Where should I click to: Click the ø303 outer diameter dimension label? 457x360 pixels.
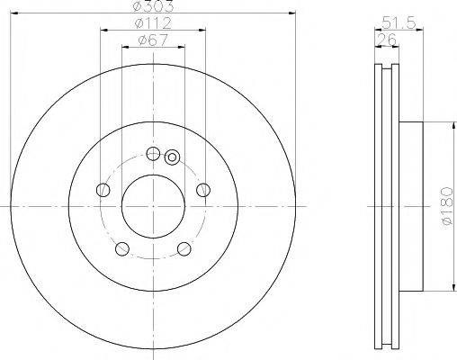[153, 6]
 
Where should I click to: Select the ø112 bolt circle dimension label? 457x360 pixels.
[153, 23]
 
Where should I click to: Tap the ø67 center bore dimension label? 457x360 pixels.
[153, 40]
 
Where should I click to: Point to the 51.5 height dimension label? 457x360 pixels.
[399, 22]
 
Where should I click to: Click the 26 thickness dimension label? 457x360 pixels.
[387, 40]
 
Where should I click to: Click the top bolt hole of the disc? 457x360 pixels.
[153, 154]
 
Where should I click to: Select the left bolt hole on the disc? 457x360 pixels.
[103, 190]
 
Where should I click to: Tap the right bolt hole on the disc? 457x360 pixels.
[203, 190]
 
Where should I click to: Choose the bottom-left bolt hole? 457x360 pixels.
[122, 249]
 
